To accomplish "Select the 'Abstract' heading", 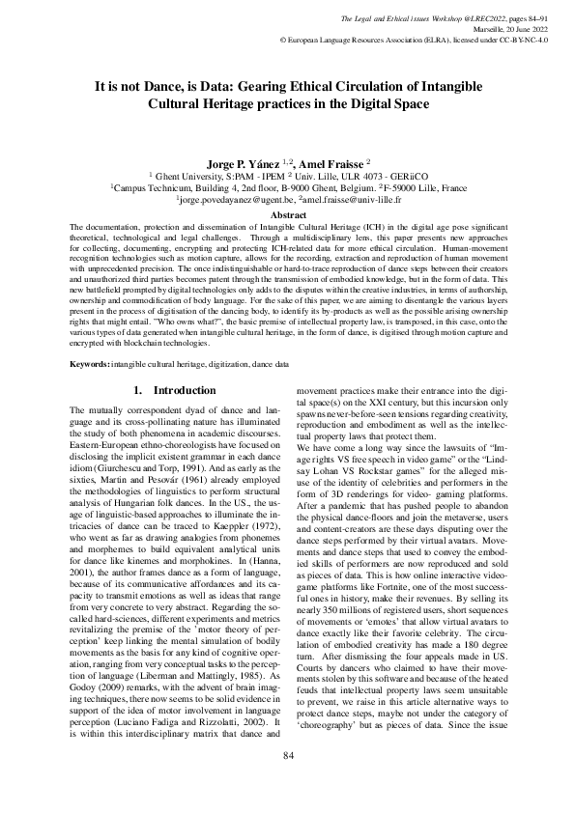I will (x=287, y=214).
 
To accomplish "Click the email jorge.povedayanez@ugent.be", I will (x=234, y=200).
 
